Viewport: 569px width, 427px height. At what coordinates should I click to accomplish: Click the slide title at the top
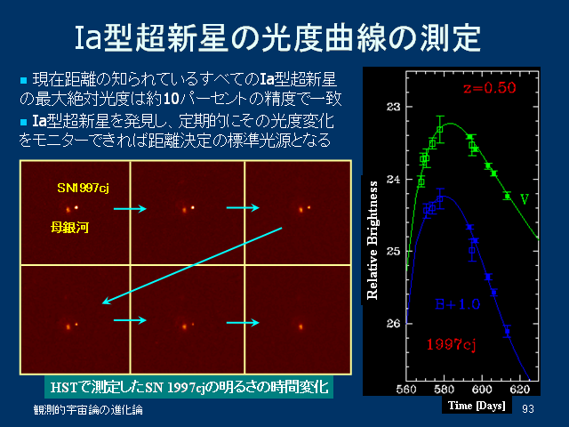click(277, 37)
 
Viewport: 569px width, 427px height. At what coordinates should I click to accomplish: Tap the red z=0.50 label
click(490, 88)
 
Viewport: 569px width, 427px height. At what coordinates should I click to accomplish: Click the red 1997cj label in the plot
click(451, 344)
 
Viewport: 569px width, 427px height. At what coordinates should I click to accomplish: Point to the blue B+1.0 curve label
click(458, 304)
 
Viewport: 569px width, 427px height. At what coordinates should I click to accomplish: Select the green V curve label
click(525, 199)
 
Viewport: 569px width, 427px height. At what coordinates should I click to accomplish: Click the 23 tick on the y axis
click(393, 107)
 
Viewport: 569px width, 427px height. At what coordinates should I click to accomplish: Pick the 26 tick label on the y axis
click(393, 323)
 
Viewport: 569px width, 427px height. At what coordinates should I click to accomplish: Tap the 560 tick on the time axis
click(406, 390)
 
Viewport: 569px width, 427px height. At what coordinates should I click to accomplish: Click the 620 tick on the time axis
click(519, 390)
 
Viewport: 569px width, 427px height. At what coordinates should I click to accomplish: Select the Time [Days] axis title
click(477, 406)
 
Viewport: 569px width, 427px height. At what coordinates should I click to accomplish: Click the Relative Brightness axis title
click(373, 240)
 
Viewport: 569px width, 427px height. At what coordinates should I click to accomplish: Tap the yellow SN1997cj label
click(83, 188)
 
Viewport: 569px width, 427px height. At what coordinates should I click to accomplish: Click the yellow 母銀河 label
click(69, 228)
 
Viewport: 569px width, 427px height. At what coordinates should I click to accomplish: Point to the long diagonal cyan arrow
click(192, 265)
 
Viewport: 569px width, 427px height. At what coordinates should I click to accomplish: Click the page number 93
click(528, 409)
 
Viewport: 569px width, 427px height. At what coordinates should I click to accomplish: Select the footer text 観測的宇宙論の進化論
click(88, 410)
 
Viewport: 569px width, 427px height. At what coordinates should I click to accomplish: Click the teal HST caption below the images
click(189, 388)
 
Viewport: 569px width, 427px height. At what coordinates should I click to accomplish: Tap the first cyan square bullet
click(24, 80)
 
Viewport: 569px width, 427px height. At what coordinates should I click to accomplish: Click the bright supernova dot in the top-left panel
click(76, 207)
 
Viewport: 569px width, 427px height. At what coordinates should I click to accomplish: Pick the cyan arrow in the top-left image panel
click(130, 208)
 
